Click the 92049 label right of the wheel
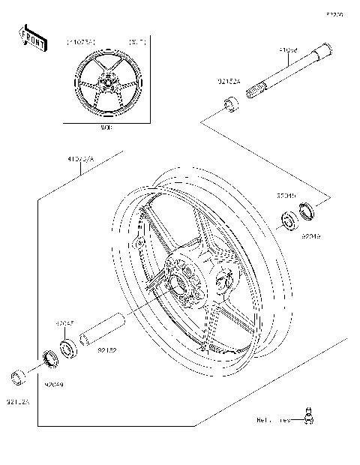tap(311, 235)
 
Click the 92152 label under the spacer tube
tap(106, 349)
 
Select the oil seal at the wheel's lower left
tap(50, 358)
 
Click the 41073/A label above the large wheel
tap(82, 160)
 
